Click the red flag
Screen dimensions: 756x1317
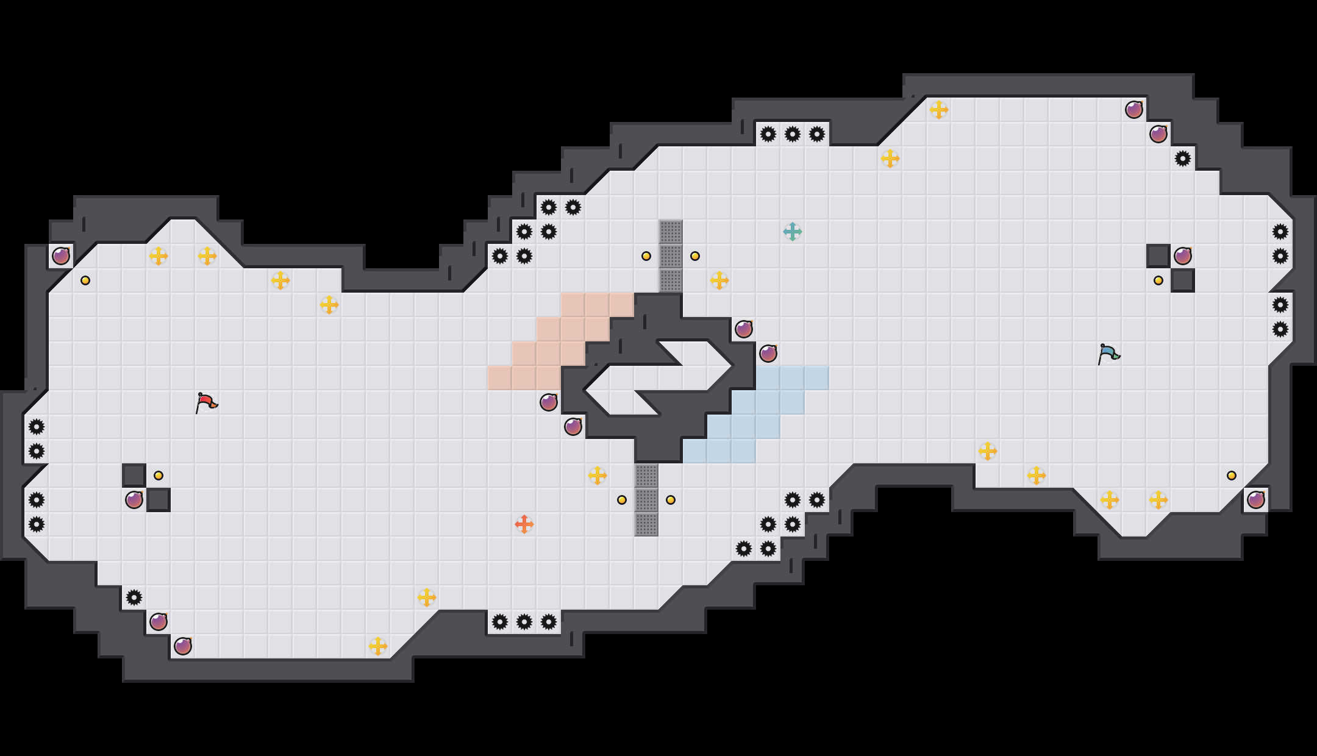206,402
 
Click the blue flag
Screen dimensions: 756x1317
1108,354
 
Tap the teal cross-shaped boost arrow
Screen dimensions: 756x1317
792,232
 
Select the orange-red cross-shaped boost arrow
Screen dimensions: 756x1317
524,524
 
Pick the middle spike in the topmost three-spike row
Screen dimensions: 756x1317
792,134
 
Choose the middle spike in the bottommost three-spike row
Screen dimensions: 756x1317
524,622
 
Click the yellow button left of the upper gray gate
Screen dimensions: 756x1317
646,256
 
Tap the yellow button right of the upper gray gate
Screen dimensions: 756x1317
694,256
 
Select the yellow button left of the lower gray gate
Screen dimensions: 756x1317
621,500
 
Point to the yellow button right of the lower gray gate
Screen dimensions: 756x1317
670,500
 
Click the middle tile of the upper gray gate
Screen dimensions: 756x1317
670,256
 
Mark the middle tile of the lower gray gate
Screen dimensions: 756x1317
646,500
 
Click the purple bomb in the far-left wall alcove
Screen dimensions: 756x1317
60,256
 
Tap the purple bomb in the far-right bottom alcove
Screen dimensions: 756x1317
1255,500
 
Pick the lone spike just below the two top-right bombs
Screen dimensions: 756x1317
1182,159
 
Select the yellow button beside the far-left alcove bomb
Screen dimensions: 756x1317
85,280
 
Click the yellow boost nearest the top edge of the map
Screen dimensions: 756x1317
938,110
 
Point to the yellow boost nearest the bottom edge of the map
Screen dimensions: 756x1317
377,646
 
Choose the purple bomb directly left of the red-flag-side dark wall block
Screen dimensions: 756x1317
134,500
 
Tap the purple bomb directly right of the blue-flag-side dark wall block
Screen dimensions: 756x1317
1182,256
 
